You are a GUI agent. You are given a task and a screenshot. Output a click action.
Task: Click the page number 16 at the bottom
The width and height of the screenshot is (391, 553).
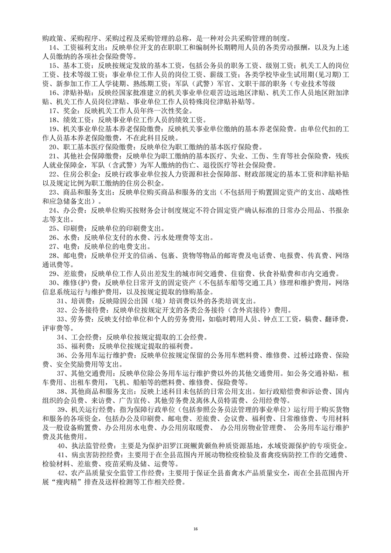click(195, 529)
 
